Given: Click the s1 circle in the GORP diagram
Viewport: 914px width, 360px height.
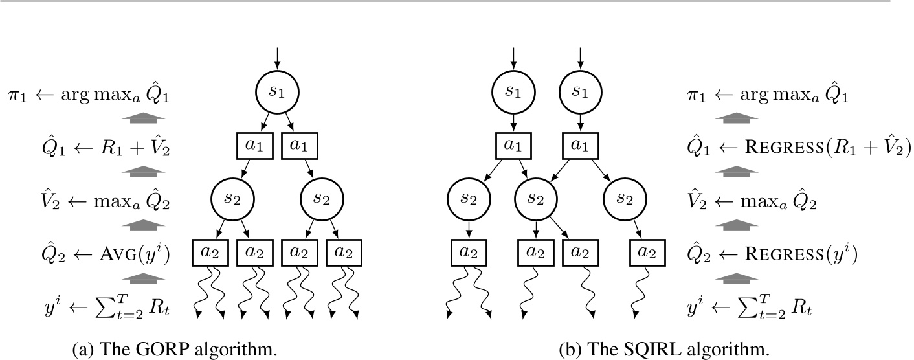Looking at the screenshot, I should [277, 93].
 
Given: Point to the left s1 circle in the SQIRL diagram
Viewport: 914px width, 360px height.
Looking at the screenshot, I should [513, 93].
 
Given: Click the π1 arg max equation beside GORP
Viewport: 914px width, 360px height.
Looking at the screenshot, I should [90, 96].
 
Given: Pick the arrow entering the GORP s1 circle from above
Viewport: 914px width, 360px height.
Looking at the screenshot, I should [277, 58].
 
